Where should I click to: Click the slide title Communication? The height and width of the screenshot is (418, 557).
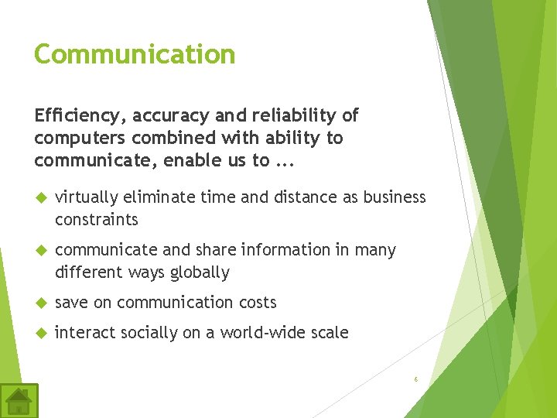[135, 54]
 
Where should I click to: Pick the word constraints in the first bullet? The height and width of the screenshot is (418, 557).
[97, 220]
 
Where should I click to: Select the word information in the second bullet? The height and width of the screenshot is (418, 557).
[288, 250]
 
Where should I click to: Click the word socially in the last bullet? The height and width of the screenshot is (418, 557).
[142, 333]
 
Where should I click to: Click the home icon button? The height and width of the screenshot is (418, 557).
[19, 401]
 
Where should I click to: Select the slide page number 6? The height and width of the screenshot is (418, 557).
[415, 379]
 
